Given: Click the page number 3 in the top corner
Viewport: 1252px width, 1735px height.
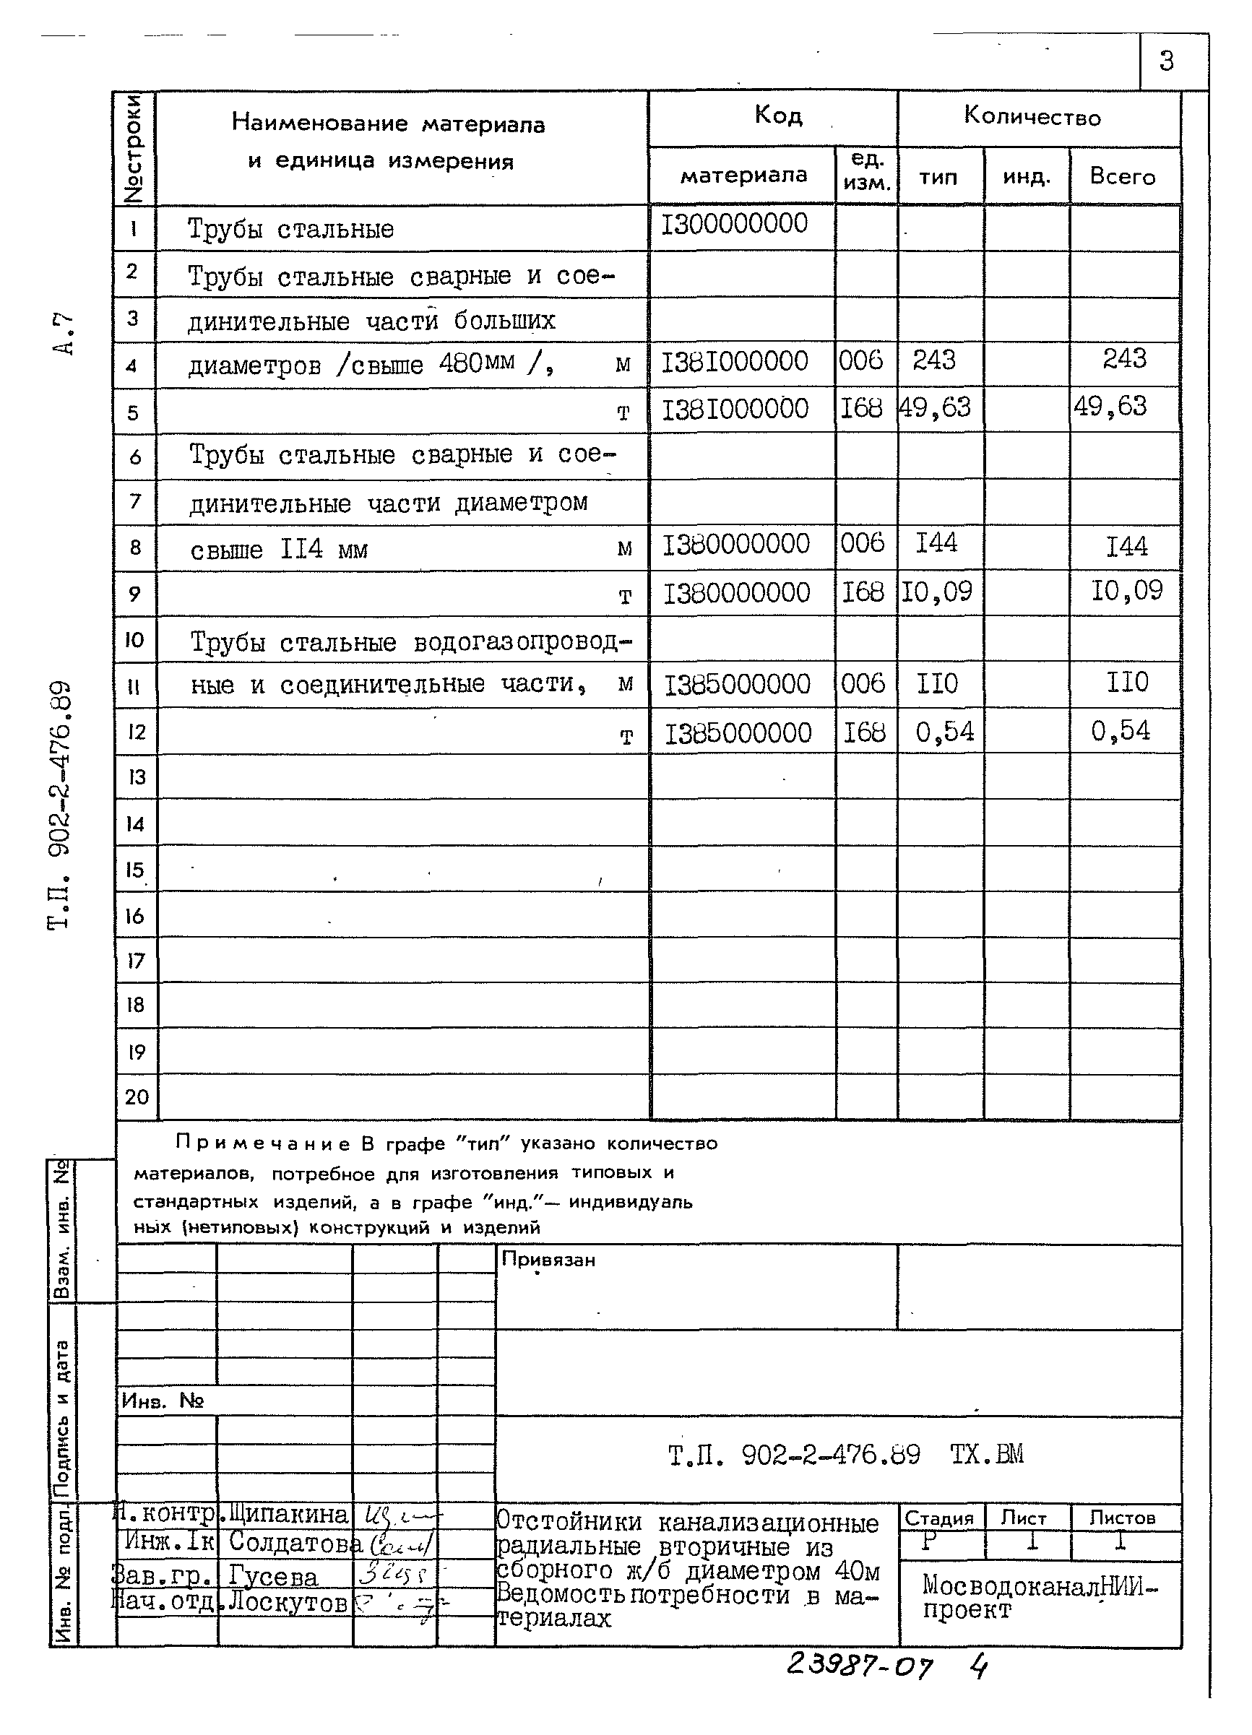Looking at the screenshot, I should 1165,61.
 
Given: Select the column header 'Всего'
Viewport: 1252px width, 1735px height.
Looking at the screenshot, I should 1122,177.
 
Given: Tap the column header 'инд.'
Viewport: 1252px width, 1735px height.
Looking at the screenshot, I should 1027,177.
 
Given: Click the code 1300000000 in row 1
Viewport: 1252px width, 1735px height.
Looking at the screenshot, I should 734,224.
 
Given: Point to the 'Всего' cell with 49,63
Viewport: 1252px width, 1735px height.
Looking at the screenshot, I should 1110,406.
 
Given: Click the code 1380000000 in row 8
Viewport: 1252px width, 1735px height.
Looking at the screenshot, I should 735,545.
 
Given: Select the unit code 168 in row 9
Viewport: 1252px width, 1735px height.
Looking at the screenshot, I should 863,592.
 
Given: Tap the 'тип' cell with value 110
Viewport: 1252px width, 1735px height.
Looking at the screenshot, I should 938,683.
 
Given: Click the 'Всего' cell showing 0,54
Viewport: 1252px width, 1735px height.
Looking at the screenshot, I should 1121,731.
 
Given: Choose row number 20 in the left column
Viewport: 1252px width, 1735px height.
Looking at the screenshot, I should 137,1097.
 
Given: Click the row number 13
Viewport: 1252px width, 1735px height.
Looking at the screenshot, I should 137,777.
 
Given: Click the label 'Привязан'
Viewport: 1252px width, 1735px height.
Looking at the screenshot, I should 548,1260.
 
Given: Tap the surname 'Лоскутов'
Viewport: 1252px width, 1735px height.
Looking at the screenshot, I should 288,1601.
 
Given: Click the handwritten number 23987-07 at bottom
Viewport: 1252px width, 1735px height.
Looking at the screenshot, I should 860,1666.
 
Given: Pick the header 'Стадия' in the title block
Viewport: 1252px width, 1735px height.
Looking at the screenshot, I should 938,1518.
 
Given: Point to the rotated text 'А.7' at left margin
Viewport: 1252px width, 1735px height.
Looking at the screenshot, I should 65,334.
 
